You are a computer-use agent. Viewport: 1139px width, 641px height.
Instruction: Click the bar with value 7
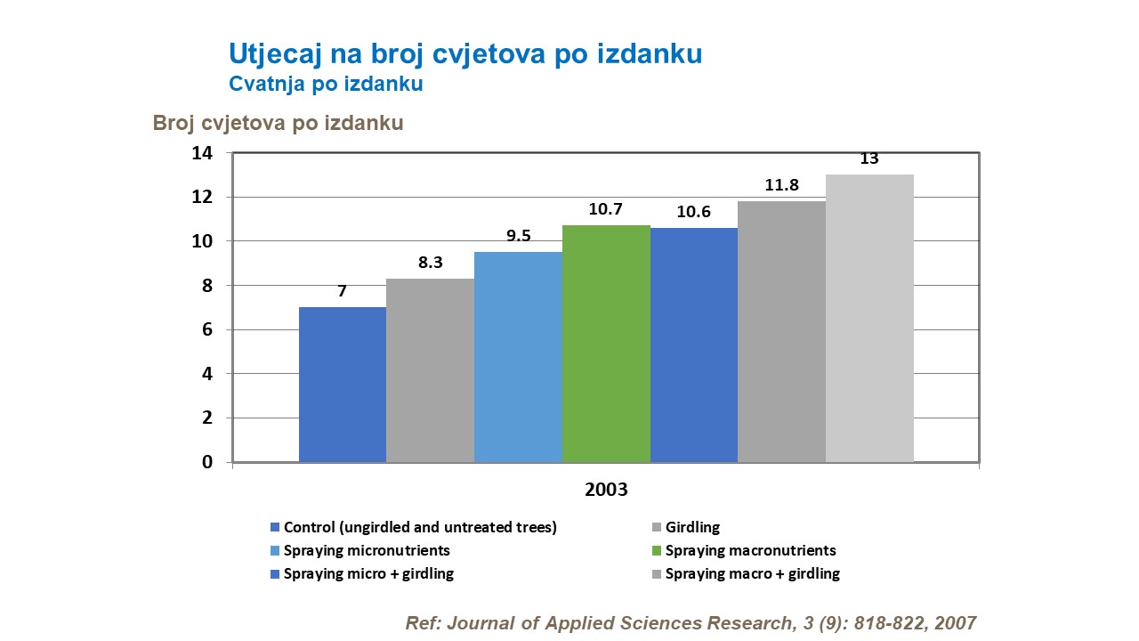(x=343, y=385)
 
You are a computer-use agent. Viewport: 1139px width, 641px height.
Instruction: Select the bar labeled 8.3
(x=430, y=370)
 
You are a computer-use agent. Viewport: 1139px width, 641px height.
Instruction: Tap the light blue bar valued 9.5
(x=518, y=357)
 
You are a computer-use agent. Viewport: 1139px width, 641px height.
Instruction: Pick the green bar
(x=606, y=344)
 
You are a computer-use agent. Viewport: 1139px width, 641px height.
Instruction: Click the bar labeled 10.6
(x=694, y=345)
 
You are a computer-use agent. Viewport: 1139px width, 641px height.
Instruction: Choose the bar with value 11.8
(x=781, y=331)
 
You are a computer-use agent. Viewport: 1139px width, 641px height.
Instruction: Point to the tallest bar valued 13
(x=869, y=318)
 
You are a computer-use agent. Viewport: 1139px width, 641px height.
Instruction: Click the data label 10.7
(x=605, y=210)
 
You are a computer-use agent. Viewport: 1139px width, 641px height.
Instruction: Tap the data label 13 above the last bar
(x=869, y=159)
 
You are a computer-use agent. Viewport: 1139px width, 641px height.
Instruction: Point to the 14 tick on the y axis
(x=203, y=153)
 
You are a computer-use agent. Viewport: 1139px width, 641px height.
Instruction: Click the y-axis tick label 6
(x=207, y=329)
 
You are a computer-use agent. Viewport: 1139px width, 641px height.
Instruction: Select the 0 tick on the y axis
(x=207, y=462)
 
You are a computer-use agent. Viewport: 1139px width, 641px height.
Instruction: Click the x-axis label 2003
(x=606, y=490)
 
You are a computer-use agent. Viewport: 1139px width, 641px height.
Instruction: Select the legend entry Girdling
(x=692, y=527)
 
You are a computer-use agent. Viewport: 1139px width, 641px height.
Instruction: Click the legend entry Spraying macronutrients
(x=750, y=550)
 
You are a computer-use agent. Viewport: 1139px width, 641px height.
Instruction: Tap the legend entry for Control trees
(x=420, y=527)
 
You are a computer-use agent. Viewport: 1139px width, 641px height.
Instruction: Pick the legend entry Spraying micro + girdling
(x=368, y=573)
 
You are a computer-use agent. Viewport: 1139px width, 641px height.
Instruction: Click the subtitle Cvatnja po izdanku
(x=325, y=85)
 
